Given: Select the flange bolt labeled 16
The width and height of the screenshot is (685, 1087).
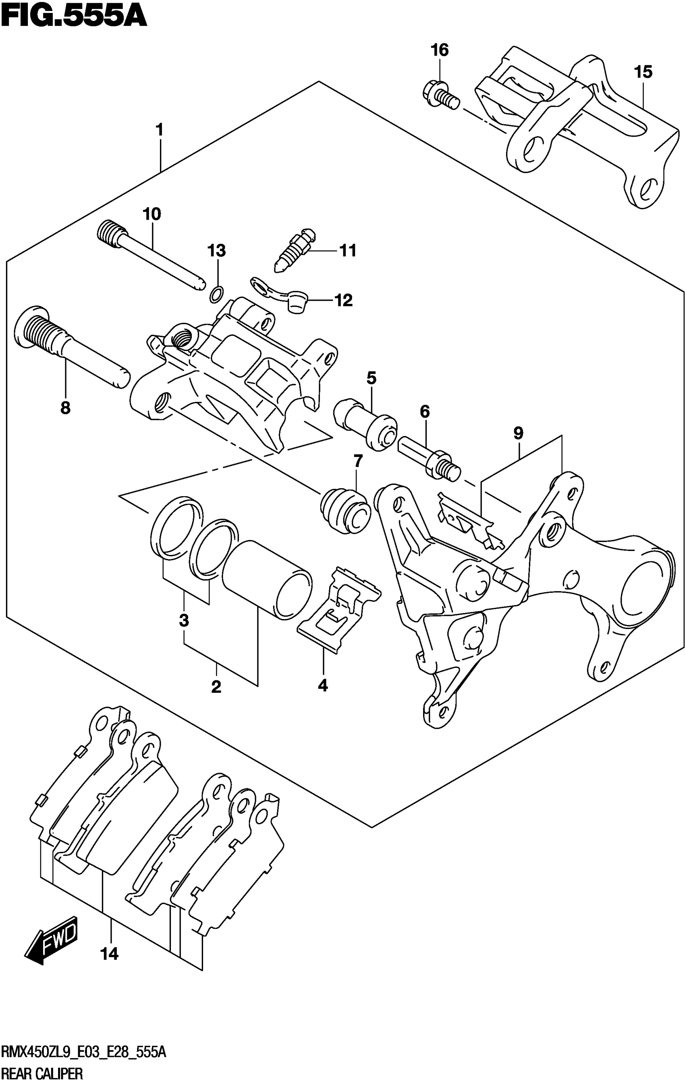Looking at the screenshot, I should coord(440,94).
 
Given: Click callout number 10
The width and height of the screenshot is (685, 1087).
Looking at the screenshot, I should coord(152,214).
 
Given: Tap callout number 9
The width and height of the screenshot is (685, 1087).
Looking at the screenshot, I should coord(518,433).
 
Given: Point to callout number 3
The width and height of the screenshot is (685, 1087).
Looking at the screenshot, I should coord(184,621).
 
